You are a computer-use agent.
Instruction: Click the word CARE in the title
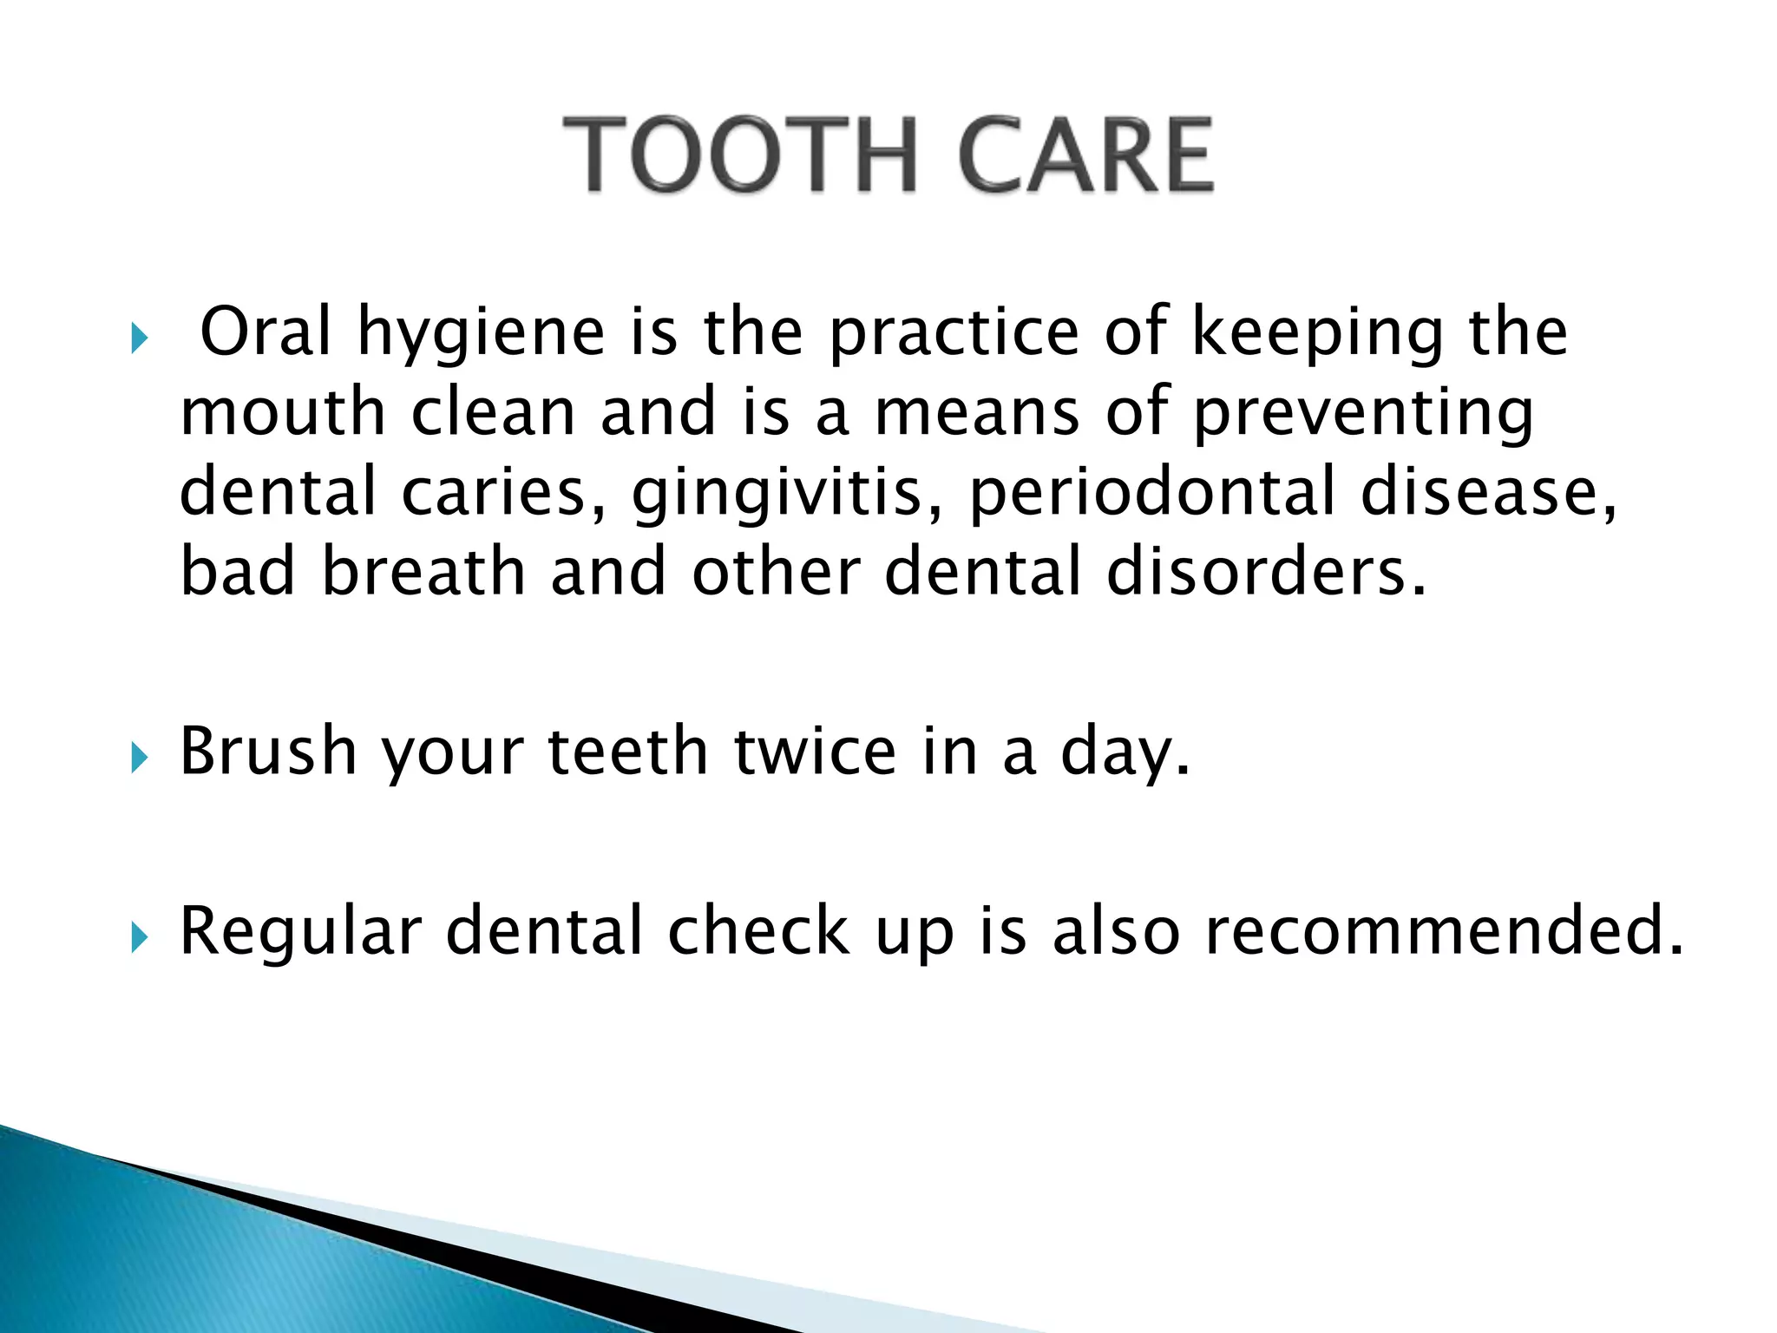click(1085, 155)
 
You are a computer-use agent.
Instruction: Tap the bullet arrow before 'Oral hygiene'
click(139, 338)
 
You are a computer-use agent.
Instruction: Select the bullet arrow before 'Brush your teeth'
click(139, 758)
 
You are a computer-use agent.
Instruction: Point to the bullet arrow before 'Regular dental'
click(139, 937)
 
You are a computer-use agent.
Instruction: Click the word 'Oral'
click(266, 332)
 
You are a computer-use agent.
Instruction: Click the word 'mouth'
click(282, 412)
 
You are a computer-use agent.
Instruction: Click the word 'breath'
click(423, 572)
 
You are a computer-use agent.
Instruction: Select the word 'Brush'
click(268, 751)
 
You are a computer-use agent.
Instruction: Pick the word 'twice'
click(815, 751)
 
